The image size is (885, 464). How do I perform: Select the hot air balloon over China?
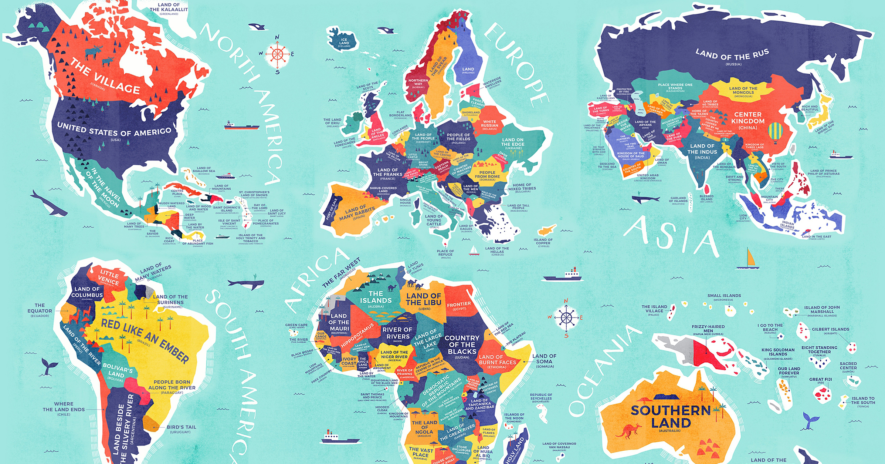(x=775, y=132)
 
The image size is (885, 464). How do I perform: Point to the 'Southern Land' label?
(x=671, y=416)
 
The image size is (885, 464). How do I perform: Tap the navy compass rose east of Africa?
(x=566, y=317)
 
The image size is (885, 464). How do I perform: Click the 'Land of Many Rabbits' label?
(x=357, y=212)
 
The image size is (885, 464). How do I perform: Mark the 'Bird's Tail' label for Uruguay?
(x=181, y=427)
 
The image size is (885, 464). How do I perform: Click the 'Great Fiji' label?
(x=821, y=379)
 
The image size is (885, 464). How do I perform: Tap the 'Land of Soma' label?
(x=544, y=359)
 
